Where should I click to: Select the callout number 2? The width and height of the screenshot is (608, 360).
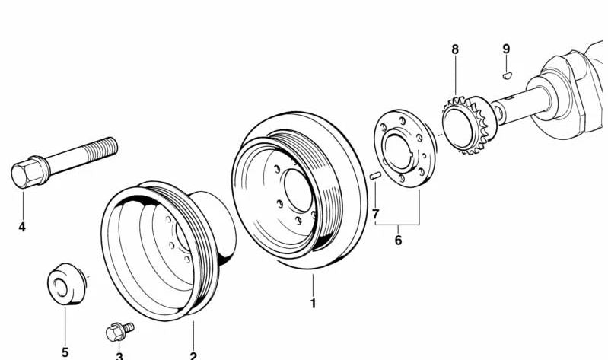click(193, 355)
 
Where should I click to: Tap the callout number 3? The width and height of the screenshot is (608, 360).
click(119, 355)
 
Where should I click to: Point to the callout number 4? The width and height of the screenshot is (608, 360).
click(22, 226)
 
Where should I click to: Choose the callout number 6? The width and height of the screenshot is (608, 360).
click(397, 241)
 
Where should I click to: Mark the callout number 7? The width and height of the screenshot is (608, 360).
click(375, 214)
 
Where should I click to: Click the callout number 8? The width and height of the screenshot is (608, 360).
click(455, 50)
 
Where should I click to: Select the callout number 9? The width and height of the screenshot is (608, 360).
click(506, 50)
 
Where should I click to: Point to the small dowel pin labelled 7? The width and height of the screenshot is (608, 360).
click(374, 176)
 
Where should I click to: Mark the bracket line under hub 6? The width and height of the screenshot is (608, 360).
click(397, 225)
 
